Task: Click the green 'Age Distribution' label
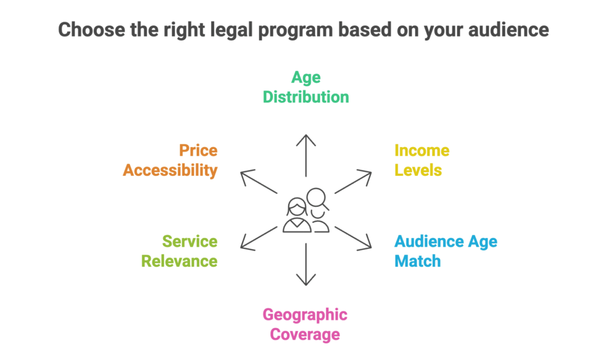306,87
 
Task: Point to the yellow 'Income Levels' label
421,160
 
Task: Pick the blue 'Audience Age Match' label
445,251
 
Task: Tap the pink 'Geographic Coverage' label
305,324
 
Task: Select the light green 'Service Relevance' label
180,251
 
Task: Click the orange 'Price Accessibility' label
171,160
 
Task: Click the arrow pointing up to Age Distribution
306,155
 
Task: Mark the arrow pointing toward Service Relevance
258,238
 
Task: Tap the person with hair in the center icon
296,216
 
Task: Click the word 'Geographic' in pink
305,315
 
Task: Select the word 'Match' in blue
418,260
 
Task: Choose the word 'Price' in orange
198,151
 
